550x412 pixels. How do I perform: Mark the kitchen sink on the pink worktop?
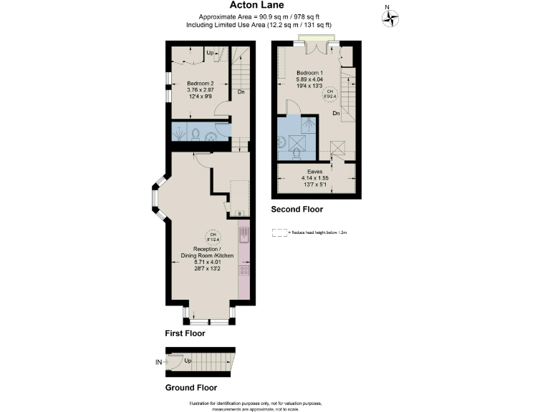click(243, 235)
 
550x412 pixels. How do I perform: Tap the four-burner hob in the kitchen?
click(243, 270)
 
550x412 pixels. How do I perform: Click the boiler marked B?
click(239, 212)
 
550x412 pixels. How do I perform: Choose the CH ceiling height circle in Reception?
click(212, 237)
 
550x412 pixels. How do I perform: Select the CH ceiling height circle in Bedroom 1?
click(329, 92)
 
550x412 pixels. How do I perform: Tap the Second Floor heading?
click(296, 210)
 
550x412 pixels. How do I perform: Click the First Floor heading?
click(185, 333)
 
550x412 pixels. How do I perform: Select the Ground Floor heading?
click(190, 388)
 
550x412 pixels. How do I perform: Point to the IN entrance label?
click(158, 363)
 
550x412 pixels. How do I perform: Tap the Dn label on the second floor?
click(335, 114)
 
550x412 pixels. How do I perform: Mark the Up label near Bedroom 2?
click(210, 53)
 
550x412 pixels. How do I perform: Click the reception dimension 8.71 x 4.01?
click(208, 263)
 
